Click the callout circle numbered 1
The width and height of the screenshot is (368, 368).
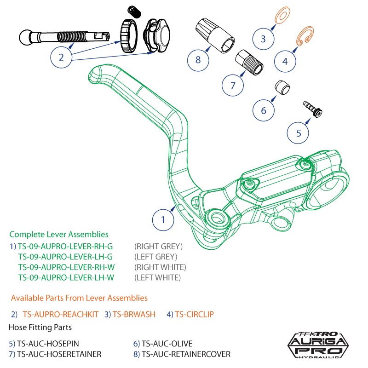(x=163, y=220)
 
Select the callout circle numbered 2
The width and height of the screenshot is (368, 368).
(x=61, y=57)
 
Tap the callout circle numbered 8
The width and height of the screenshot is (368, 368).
(x=198, y=60)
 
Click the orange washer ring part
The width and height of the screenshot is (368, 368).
(x=280, y=17)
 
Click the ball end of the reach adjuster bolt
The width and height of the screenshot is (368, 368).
(x=27, y=36)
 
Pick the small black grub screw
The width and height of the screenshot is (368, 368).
(x=133, y=12)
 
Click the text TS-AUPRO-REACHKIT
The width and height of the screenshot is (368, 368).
(x=60, y=314)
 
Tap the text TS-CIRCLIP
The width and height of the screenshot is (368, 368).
(x=194, y=314)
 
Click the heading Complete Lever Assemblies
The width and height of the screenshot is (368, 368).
(x=59, y=234)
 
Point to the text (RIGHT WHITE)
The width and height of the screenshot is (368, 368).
(x=160, y=267)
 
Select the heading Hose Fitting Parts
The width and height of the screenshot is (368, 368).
(x=40, y=328)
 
